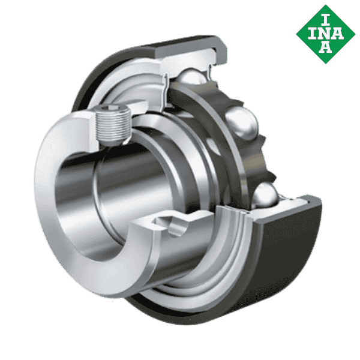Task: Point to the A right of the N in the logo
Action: [339, 31]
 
